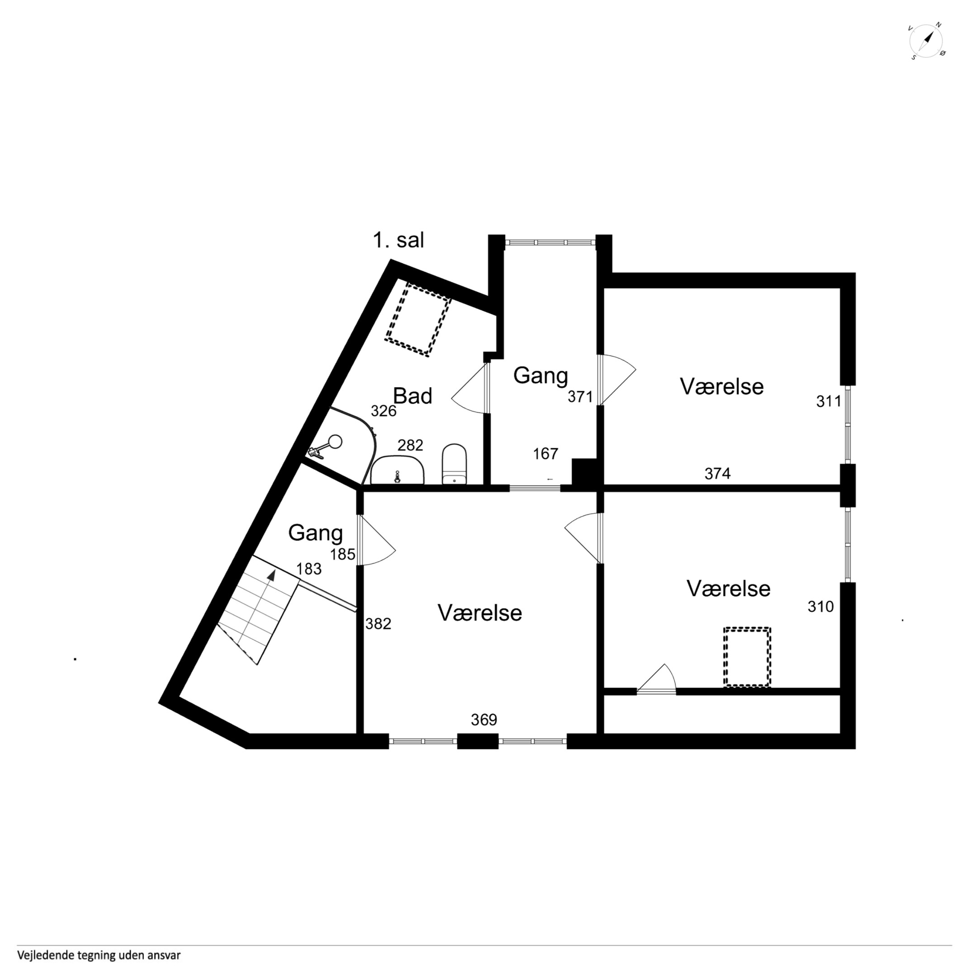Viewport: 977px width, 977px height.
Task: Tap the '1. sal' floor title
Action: [x=398, y=240]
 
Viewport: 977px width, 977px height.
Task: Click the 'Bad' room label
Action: [x=413, y=396]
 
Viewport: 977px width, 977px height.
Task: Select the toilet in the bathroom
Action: [x=454, y=464]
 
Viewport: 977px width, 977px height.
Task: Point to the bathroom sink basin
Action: [x=398, y=470]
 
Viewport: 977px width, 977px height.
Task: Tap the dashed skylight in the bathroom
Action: [x=417, y=320]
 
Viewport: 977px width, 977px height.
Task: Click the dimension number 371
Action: [x=580, y=397]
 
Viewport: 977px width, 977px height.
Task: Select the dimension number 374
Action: [x=717, y=473]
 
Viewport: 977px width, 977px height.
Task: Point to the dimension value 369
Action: [x=484, y=720]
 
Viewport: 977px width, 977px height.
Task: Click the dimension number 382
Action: [x=378, y=624]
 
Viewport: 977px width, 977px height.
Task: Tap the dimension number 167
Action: [x=545, y=454]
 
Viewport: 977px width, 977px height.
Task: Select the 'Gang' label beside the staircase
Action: [x=316, y=533]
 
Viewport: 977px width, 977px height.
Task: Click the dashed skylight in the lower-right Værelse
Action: [x=747, y=657]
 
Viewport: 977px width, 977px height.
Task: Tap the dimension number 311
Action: [x=829, y=401]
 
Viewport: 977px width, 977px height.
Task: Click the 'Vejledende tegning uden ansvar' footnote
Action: [x=99, y=955]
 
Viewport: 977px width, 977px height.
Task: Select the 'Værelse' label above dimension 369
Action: [x=480, y=613]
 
